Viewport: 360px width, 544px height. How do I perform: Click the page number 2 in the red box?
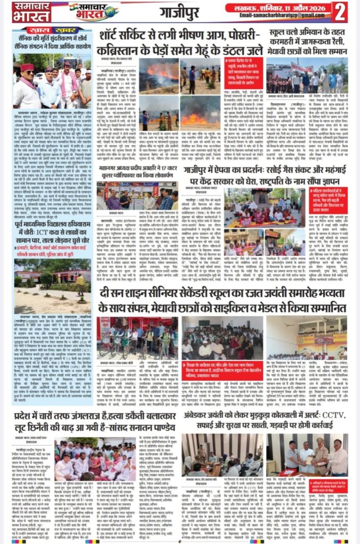pyautogui.click(x=341, y=11)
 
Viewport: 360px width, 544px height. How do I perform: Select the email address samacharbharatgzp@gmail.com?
pyautogui.click(x=285, y=16)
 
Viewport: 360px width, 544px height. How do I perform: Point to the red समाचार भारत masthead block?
pyautogui.click(x=31, y=11)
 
